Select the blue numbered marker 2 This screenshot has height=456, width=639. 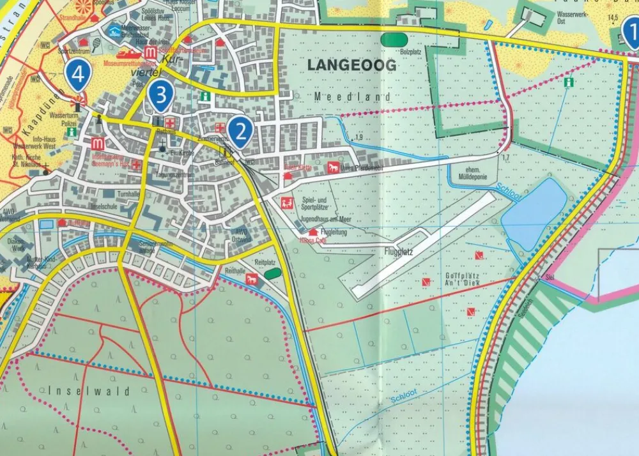240,131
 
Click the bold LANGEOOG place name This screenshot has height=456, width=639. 351,65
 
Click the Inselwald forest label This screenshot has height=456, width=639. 89,391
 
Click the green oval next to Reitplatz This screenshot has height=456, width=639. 273,273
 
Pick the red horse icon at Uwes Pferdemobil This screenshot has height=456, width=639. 332,168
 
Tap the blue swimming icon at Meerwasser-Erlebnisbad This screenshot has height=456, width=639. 114,30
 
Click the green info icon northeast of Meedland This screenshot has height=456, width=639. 568,82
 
